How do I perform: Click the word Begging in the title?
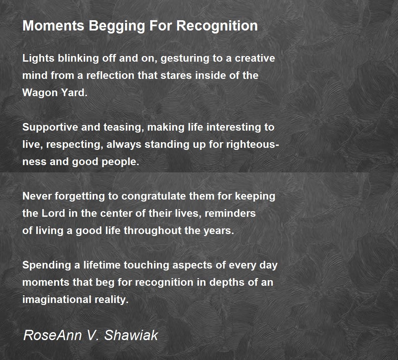pyautogui.click(x=117, y=26)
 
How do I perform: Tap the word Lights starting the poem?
pyautogui.click(x=38, y=58)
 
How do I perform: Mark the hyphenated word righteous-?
pyautogui.click(x=253, y=145)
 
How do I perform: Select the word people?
pyautogui.click(x=120, y=162)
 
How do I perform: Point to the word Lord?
pyautogui.click(x=53, y=213)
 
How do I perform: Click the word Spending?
pyautogui.click(x=47, y=266)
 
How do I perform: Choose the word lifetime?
pyautogui.click(x=102, y=265)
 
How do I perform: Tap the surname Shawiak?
pyautogui.click(x=131, y=335)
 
